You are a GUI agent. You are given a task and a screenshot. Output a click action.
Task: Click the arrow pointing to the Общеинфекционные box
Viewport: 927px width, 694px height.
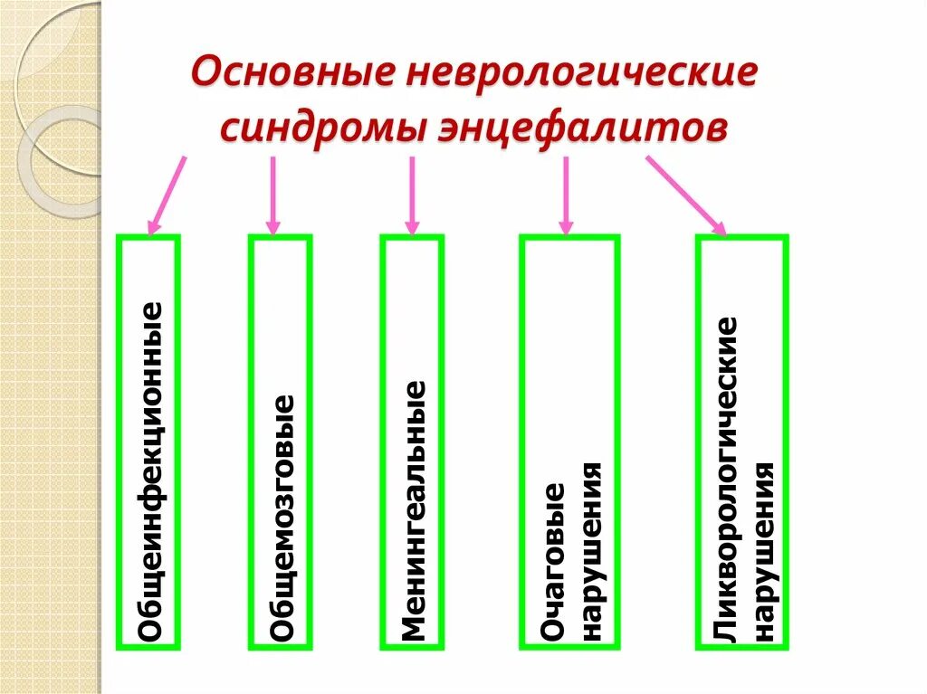tap(168, 193)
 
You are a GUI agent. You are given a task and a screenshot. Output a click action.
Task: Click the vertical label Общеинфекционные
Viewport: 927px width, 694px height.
tap(150, 471)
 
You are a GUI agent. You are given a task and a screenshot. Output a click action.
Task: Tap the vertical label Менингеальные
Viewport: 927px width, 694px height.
tap(413, 510)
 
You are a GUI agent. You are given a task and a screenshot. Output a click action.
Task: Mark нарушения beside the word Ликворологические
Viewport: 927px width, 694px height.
tap(765, 551)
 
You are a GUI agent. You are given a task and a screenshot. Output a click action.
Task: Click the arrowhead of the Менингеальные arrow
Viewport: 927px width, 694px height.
tap(412, 224)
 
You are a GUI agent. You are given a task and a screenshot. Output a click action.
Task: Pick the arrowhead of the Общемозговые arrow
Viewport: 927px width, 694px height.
tap(272, 224)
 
